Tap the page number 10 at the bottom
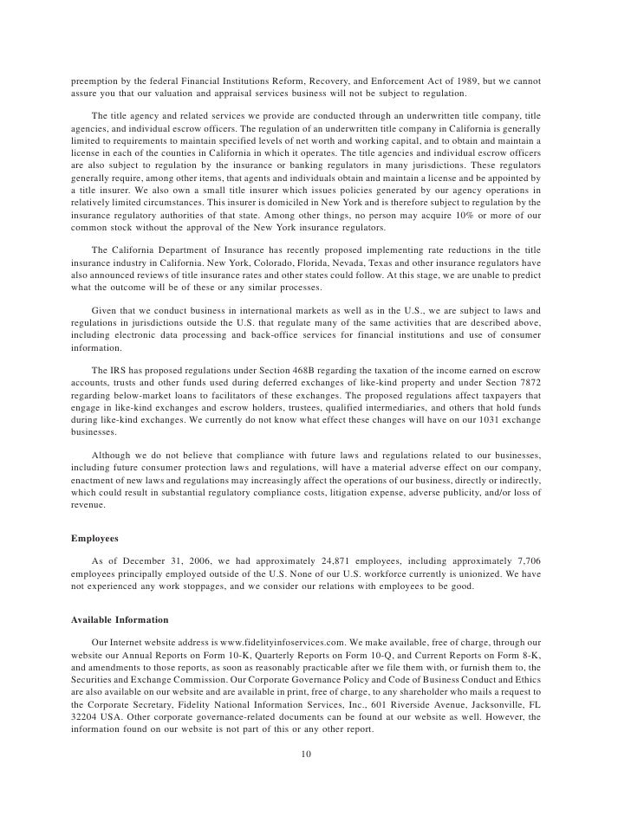point(305,754)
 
